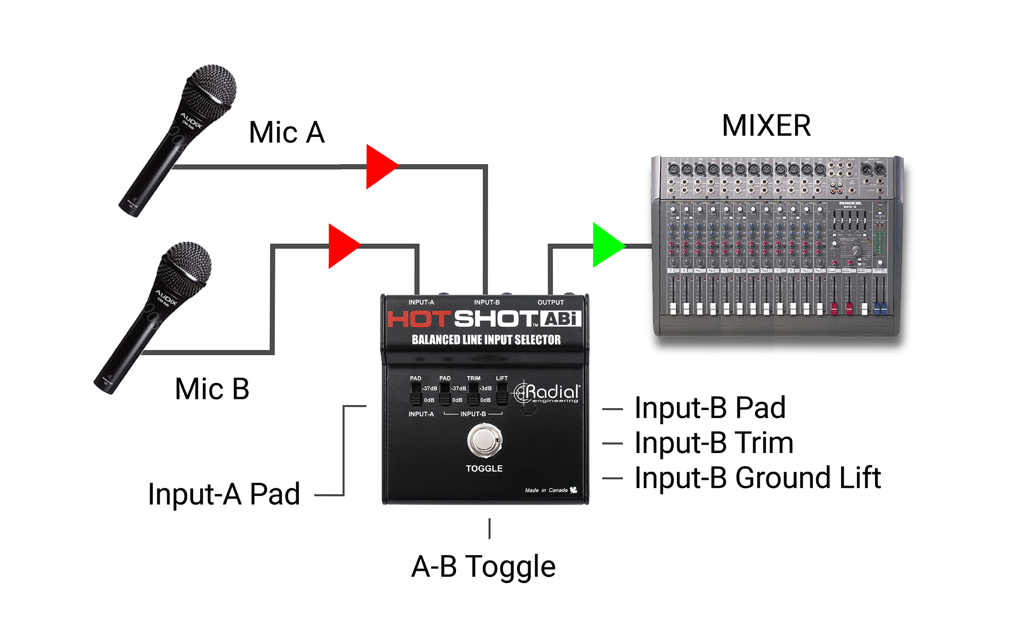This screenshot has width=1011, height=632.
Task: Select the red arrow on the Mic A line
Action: click(381, 166)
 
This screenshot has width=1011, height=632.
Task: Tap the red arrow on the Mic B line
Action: click(343, 246)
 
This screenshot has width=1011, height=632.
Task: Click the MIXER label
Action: click(766, 126)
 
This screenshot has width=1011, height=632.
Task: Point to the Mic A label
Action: click(287, 133)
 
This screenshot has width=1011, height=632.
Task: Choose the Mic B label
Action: click(212, 389)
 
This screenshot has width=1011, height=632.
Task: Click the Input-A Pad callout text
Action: click(224, 494)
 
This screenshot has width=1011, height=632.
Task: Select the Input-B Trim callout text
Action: click(714, 443)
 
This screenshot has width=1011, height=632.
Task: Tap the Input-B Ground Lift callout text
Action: click(757, 478)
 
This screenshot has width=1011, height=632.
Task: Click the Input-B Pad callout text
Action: click(710, 408)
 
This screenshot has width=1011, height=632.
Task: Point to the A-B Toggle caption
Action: click(483, 566)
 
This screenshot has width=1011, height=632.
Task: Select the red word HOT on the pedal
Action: click(419, 319)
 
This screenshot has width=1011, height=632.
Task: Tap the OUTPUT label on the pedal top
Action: click(550, 302)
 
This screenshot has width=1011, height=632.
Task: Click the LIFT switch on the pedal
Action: click(501, 394)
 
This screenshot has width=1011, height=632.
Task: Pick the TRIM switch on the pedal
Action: click(473, 394)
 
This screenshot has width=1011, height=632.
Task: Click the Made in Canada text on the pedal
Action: click(546, 490)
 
